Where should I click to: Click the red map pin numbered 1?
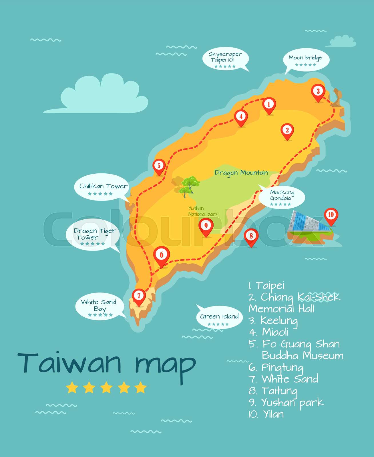tap(268, 105)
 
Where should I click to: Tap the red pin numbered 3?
tap(318, 92)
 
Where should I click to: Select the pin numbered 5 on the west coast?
tap(159, 166)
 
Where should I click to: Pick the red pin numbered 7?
tap(139, 296)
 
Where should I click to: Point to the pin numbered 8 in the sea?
tap(251, 236)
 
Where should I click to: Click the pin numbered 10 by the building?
tap(331, 215)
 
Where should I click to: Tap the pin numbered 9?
tap(206, 226)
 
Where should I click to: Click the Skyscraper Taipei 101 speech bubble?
tap(225, 59)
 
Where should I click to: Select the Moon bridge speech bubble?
tap(305, 60)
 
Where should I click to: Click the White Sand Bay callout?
tap(99, 307)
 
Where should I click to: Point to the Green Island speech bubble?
tap(219, 318)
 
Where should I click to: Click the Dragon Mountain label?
tap(241, 173)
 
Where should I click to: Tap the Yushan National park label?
tap(203, 211)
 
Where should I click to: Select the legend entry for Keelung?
tap(273, 321)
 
